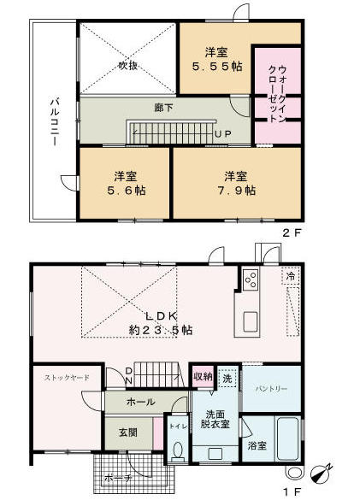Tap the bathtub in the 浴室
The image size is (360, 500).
[287, 438]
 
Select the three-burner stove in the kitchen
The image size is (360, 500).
[251, 279]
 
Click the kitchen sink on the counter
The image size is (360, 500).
[251, 321]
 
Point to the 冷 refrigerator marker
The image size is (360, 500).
[291, 276]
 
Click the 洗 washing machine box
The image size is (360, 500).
[227, 378]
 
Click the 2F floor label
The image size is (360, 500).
[292, 233]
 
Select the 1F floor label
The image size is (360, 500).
[292, 492]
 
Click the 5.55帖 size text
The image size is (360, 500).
[217, 67]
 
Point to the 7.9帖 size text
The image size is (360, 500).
[237, 191]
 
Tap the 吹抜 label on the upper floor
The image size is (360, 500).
[128, 66]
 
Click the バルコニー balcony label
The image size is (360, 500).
[54, 122]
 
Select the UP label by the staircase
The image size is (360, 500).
[222, 134]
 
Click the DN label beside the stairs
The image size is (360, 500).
[129, 375]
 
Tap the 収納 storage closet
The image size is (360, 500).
[203, 377]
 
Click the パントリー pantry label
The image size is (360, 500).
[271, 389]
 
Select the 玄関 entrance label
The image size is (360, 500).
[128, 432]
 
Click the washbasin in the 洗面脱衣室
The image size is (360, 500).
[215, 454]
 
